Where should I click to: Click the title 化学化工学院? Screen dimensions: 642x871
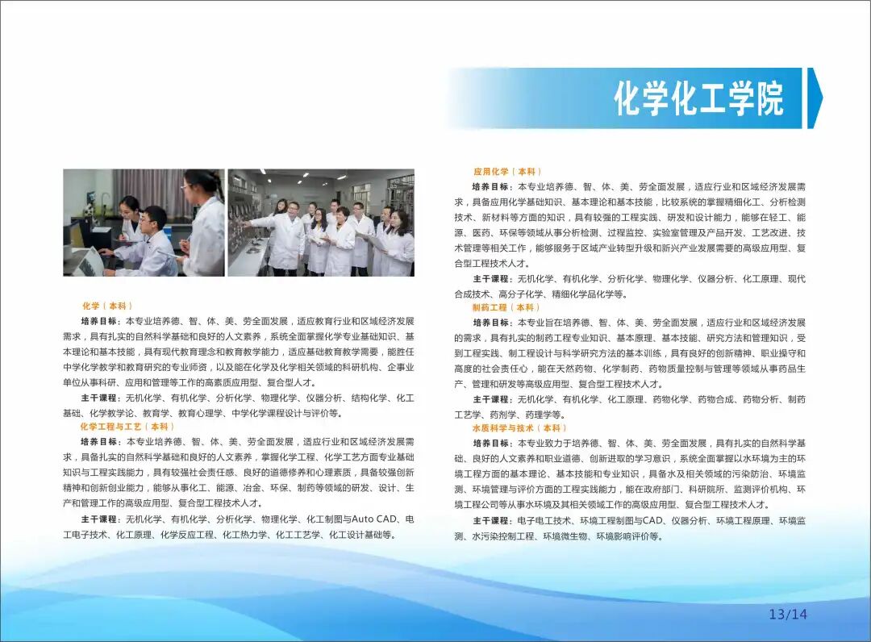698,98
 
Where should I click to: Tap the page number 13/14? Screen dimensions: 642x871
787,615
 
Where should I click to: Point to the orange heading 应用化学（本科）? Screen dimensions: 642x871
507,172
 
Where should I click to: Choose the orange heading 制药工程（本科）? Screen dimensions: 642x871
507,307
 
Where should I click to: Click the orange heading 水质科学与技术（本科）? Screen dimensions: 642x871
519,428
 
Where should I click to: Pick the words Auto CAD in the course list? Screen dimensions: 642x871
374,519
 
